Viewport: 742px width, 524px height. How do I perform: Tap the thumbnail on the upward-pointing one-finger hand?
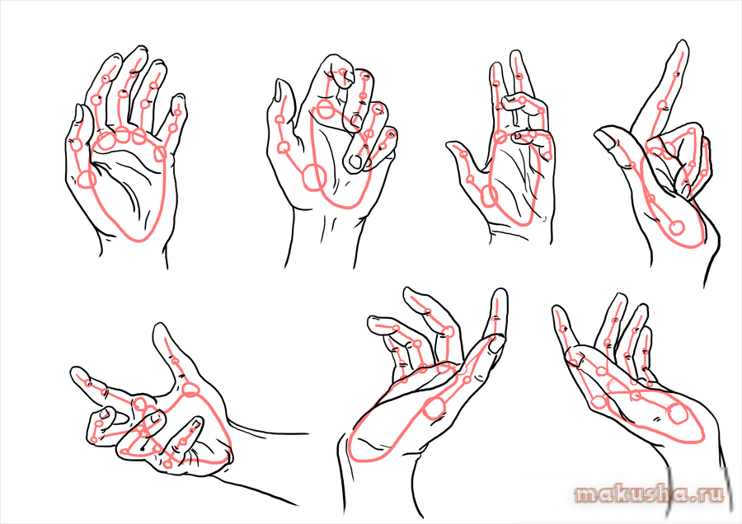(x=606, y=138)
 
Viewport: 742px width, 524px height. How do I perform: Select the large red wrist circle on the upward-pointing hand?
(x=677, y=227)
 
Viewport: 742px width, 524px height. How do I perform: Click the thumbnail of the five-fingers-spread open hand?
(x=79, y=113)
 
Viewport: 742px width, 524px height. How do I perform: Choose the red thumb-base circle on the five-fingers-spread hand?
(x=87, y=180)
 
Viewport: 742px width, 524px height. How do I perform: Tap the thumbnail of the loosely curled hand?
(x=279, y=90)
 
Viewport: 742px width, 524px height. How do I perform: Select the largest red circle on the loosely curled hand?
(x=315, y=177)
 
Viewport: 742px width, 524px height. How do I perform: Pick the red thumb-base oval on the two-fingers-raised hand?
(x=490, y=196)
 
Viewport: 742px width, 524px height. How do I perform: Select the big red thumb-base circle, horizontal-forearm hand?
(x=190, y=389)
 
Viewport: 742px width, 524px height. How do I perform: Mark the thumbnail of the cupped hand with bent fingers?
(x=496, y=343)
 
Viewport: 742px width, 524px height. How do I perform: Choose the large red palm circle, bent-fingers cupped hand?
(x=434, y=408)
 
